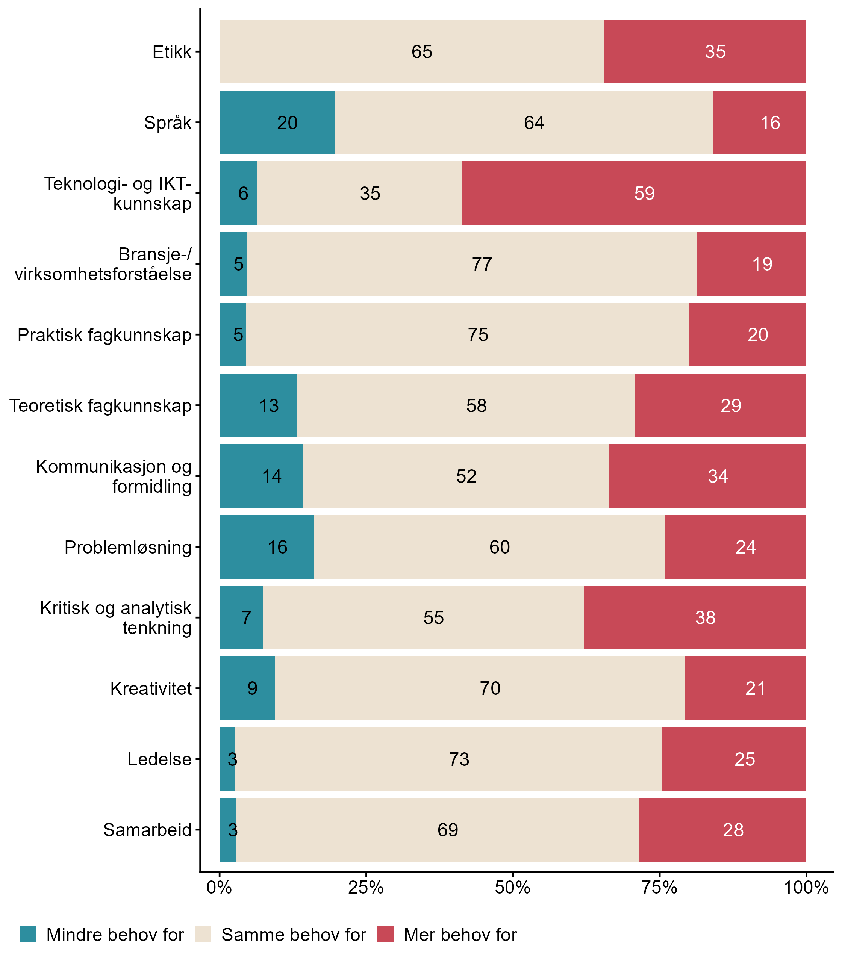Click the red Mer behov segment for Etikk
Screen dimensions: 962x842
tap(704, 52)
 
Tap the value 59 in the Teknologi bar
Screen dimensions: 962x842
tap(644, 194)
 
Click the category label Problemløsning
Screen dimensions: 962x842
tap(128, 547)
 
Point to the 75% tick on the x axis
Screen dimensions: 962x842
tap(660, 887)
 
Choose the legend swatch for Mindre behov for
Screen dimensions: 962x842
tap(28, 934)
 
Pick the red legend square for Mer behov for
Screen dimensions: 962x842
tap(385, 934)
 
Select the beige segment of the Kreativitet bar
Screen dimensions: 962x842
tap(479, 688)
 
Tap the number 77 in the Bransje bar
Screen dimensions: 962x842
tap(482, 264)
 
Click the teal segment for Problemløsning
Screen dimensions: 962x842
tap(267, 547)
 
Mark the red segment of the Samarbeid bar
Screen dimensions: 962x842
tap(722, 830)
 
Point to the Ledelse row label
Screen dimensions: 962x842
tap(159, 759)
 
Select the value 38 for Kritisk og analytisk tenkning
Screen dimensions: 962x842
tap(705, 618)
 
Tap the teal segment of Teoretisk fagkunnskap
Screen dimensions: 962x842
tap(258, 405)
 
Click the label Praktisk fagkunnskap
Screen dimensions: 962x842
tap(104, 335)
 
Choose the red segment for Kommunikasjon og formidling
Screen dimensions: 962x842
tap(707, 476)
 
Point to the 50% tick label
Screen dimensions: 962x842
tap(513, 887)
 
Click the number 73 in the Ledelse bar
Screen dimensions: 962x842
tap(459, 759)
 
